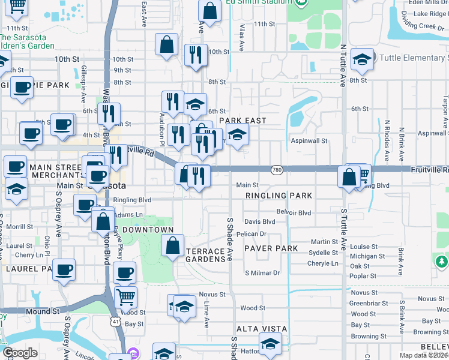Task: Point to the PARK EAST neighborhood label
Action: (242, 121)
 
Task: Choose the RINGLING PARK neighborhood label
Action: (279, 196)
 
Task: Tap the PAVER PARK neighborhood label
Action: (271, 248)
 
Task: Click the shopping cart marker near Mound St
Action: (125, 296)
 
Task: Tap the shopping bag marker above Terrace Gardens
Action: (172, 245)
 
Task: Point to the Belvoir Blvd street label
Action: (294, 212)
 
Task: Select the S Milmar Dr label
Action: (262, 273)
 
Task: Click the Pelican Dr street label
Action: (251, 234)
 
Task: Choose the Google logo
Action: (20, 352)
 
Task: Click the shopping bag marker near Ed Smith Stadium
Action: (209, 10)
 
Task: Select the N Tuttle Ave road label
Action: (343, 66)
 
